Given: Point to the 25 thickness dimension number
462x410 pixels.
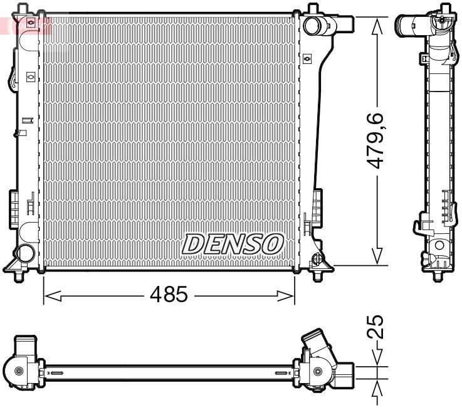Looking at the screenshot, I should (377, 327).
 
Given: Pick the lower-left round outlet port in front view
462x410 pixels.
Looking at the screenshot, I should (24, 253).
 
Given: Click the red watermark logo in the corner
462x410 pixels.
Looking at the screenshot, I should (25, 25).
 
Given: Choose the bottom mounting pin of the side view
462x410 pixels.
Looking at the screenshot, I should (438, 271).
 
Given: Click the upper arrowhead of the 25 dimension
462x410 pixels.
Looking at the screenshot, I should (377, 359).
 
